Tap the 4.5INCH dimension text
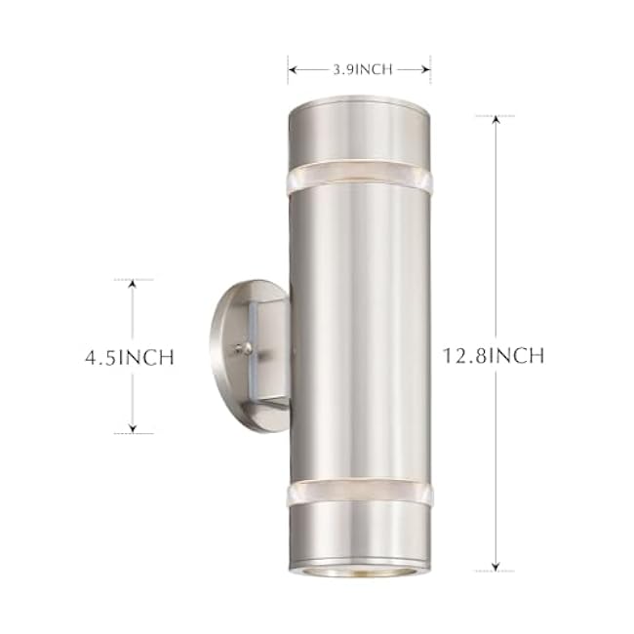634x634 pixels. (x=129, y=357)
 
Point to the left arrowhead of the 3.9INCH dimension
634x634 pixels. (x=292, y=69)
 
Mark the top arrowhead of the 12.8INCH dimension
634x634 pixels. (x=495, y=120)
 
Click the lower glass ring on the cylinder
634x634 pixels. (x=359, y=494)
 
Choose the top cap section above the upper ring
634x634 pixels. (x=359, y=132)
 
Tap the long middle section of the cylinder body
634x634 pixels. (x=359, y=332)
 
